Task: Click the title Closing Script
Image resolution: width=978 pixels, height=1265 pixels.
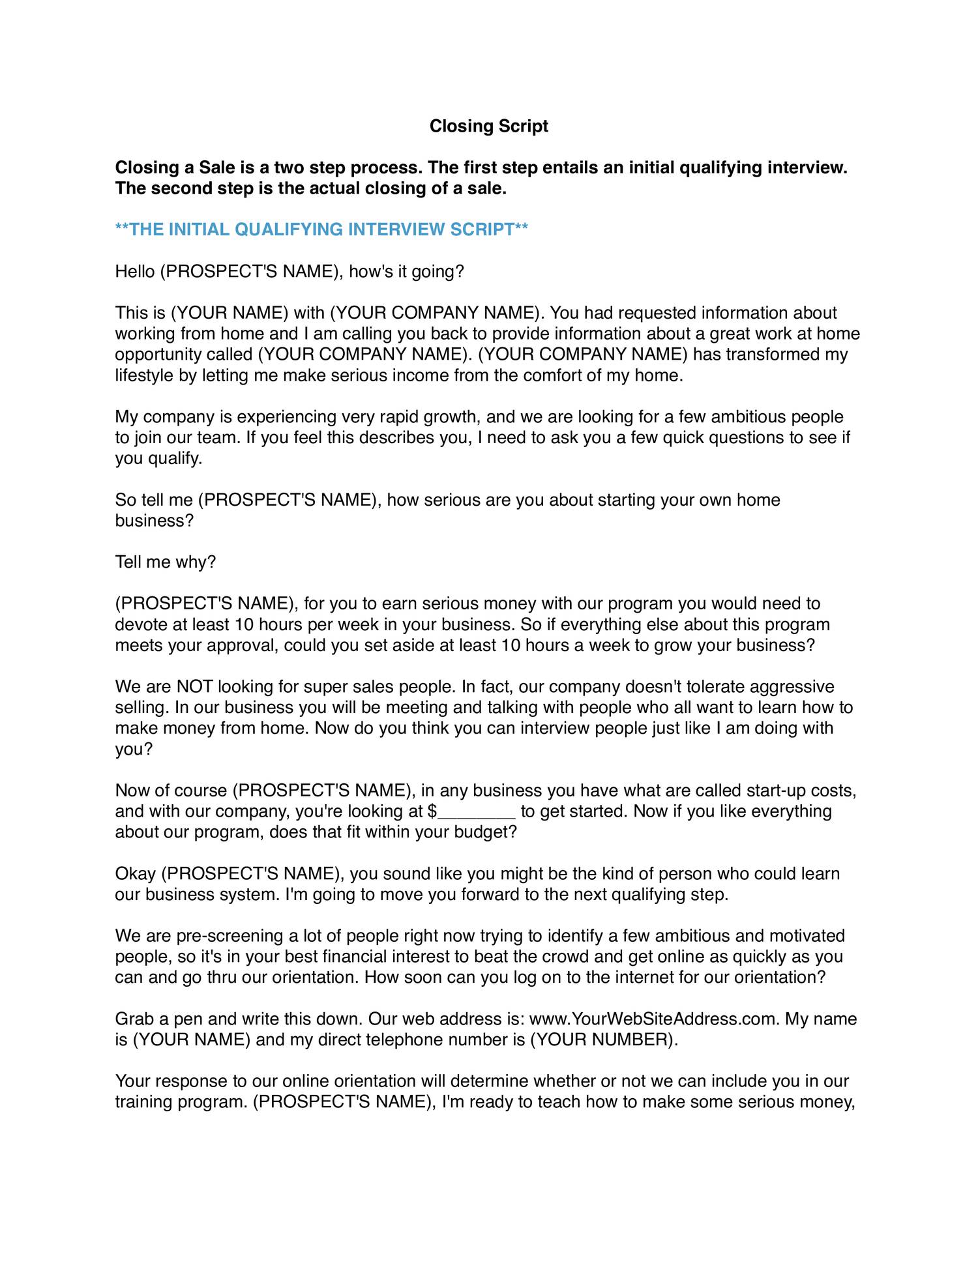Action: click(488, 126)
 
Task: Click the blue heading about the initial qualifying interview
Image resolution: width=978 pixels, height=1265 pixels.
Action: click(321, 229)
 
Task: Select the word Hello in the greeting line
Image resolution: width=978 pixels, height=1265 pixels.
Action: click(135, 271)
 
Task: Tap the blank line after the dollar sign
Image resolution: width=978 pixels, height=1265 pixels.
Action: click(477, 811)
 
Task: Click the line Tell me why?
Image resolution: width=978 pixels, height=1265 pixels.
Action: click(165, 562)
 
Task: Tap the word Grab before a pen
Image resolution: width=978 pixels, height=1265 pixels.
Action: click(134, 1019)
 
